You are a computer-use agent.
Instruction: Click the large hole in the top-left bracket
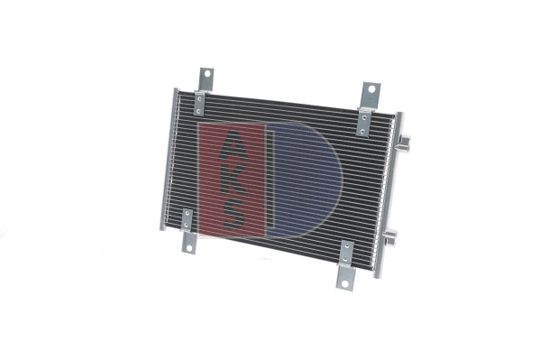pyautogui.click(x=205, y=74)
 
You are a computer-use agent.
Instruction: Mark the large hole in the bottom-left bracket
pyautogui.click(x=188, y=242)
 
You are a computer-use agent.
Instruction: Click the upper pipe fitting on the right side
pyautogui.click(x=406, y=142)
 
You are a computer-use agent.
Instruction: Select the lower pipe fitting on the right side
pyautogui.click(x=390, y=237)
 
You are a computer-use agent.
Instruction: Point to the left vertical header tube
pyautogui.click(x=169, y=158)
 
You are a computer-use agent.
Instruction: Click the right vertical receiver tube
pyautogui.click(x=390, y=189)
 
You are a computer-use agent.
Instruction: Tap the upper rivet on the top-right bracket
pyautogui.click(x=365, y=113)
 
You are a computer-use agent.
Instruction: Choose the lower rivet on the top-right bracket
pyautogui.click(x=362, y=131)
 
